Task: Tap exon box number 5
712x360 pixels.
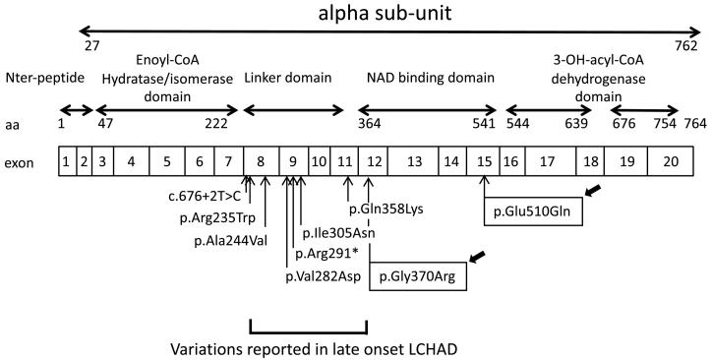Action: point(168,160)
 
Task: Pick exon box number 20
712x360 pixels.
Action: point(670,160)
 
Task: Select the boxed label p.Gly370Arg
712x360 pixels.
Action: point(418,278)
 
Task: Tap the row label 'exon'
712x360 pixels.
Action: point(22,160)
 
